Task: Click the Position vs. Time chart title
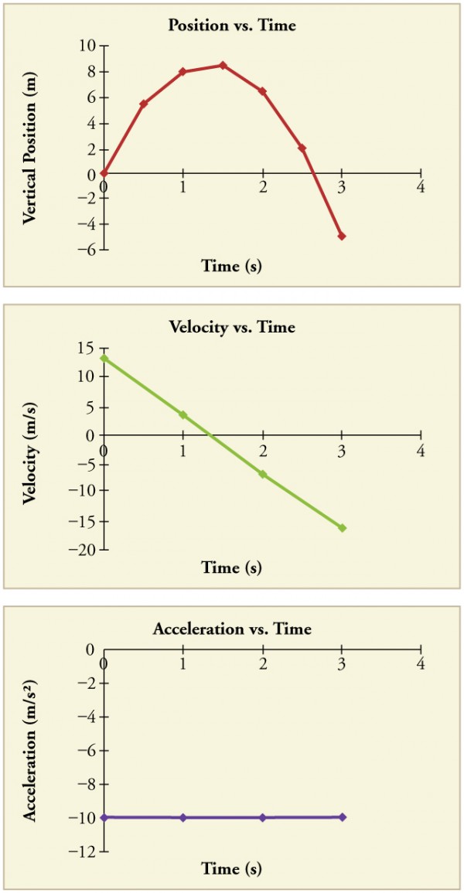click(232, 26)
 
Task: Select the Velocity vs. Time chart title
click(232, 327)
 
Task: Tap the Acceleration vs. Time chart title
click(232, 629)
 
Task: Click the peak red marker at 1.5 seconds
click(223, 65)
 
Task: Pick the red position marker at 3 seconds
click(342, 236)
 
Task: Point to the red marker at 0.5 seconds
click(144, 104)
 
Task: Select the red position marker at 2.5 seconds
click(302, 148)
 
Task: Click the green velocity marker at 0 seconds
click(104, 358)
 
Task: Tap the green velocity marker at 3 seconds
click(342, 528)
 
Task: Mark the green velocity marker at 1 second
click(183, 415)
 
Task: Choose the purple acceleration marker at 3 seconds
click(342, 816)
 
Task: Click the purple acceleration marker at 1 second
click(183, 817)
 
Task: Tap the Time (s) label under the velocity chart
click(232, 567)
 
